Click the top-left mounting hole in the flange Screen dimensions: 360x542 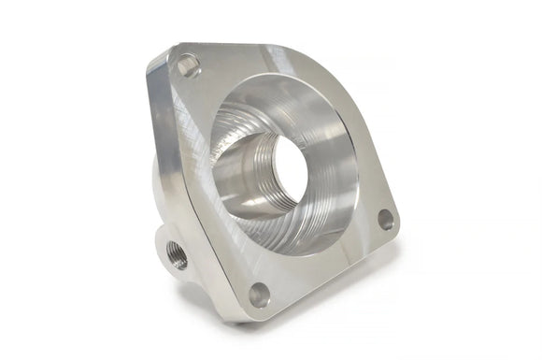pos(188,65)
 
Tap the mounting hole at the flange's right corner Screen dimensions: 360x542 pos(385,220)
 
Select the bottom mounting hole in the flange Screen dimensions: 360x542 pos(259,295)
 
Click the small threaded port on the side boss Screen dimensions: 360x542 pos(177,254)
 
